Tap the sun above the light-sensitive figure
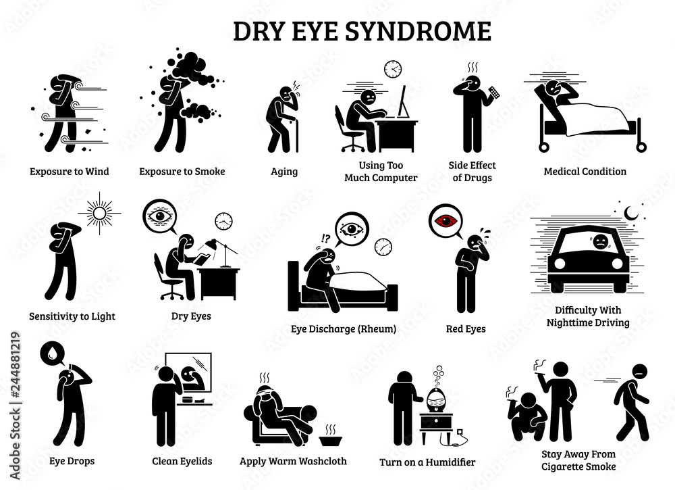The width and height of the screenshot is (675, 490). click(99, 214)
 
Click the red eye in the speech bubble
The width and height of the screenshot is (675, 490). click(446, 220)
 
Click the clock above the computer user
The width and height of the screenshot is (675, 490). click(392, 69)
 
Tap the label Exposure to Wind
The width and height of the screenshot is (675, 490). click(69, 172)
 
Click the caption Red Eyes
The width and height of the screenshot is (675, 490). click(466, 329)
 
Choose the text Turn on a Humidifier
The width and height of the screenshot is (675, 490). click(427, 462)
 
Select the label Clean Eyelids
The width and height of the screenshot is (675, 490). click(182, 462)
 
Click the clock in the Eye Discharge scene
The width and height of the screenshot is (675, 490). click(383, 247)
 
